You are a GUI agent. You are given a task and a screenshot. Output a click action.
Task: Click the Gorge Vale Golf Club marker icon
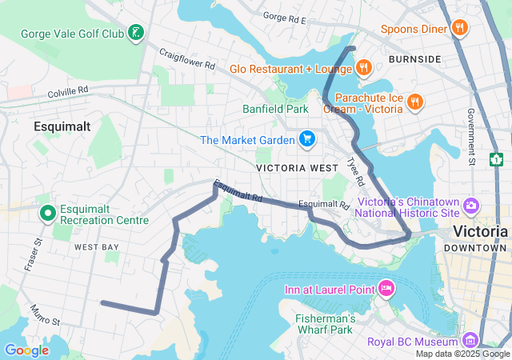137,34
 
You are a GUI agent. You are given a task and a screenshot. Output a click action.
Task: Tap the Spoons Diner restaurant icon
459,29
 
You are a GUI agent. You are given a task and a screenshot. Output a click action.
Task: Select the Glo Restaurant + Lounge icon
363,68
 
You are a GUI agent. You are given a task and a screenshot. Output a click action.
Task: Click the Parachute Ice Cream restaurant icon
414,102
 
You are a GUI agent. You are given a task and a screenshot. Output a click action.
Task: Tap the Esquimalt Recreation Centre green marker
47,213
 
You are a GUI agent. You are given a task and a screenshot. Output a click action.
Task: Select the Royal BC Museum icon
470,342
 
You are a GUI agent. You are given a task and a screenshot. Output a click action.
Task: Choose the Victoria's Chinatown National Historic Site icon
470,206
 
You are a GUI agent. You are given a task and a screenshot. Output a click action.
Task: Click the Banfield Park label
275,109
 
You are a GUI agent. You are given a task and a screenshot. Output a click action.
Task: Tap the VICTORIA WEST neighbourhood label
286,168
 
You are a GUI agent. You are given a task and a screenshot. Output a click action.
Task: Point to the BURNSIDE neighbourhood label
414,59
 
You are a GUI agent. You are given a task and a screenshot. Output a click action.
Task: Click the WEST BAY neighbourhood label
97,248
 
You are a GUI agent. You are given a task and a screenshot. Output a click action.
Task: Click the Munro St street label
45,314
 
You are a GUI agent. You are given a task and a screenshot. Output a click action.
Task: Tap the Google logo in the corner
26,350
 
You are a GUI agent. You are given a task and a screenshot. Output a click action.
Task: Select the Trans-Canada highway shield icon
496,158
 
